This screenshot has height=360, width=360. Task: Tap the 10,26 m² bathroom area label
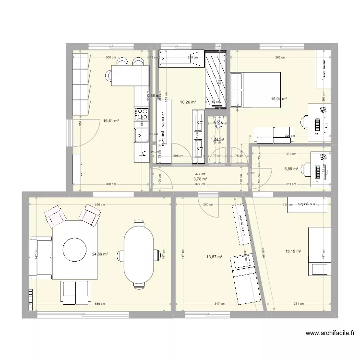pyautogui.click(x=188, y=102)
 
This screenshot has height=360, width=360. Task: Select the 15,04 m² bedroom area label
pyautogui.click(x=279, y=99)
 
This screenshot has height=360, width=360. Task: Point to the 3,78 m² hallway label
pyautogui.click(x=200, y=179)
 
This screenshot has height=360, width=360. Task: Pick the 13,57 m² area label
pyautogui.click(x=214, y=257)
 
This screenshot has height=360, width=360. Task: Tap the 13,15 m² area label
pyautogui.click(x=293, y=251)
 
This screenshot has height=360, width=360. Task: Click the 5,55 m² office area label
pyautogui.click(x=291, y=169)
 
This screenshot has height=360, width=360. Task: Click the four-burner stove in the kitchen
pyautogui.click(x=141, y=113)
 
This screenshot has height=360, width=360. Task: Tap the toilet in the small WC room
pyautogui.click(x=218, y=124)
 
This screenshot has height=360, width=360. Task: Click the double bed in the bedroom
pyautogui.click(x=255, y=89)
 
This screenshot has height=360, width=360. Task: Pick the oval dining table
pyautogui.click(x=139, y=254)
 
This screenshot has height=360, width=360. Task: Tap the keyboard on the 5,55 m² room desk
pyautogui.click(x=317, y=171)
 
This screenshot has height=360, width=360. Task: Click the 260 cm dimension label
pyautogui.click(x=208, y=204)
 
